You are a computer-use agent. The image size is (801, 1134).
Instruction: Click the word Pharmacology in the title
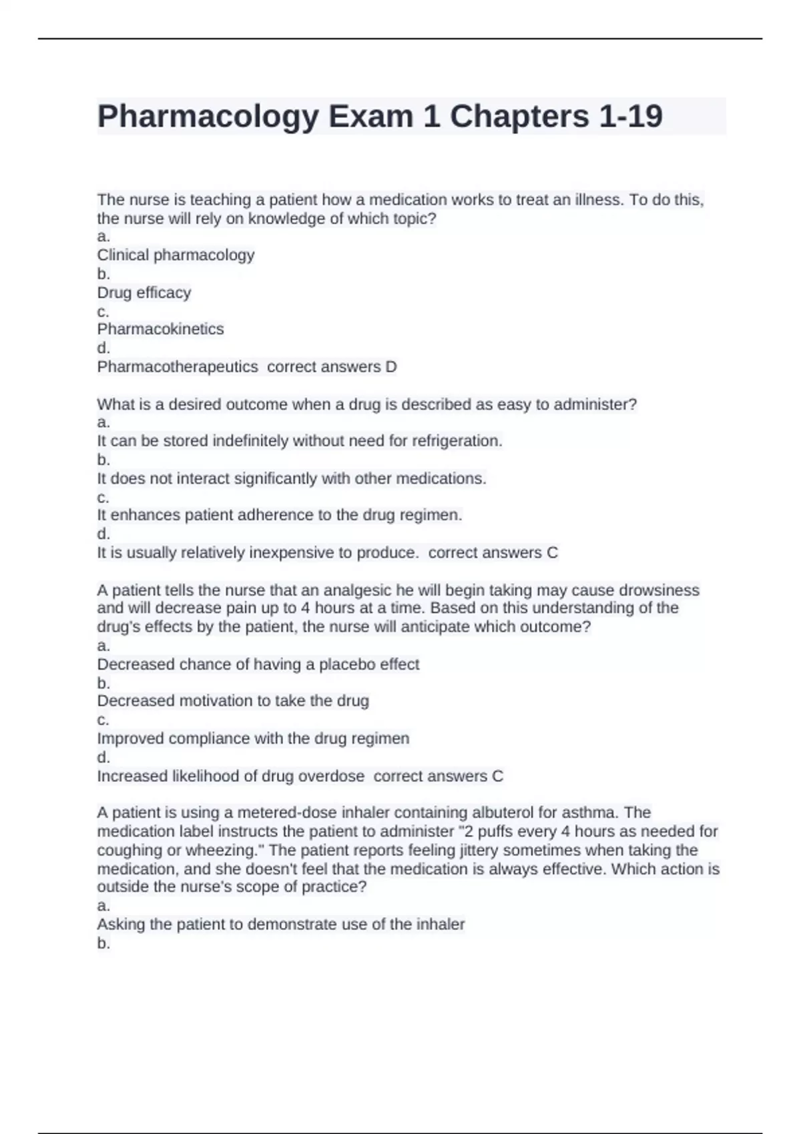(x=208, y=117)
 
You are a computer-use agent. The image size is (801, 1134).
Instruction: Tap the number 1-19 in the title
(x=630, y=116)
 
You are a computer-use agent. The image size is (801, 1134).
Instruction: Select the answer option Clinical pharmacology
(x=176, y=255)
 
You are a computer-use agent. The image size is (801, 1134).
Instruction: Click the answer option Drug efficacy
(x=144, y=292)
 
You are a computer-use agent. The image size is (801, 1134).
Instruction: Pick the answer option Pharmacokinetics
(x=160, y=329)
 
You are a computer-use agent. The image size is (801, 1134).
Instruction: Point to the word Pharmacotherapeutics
(x=178, y=366)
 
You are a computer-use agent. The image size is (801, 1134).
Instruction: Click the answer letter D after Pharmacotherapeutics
(x=391, y=366)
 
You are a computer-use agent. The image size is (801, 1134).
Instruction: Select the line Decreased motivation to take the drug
(x=233, y=701)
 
